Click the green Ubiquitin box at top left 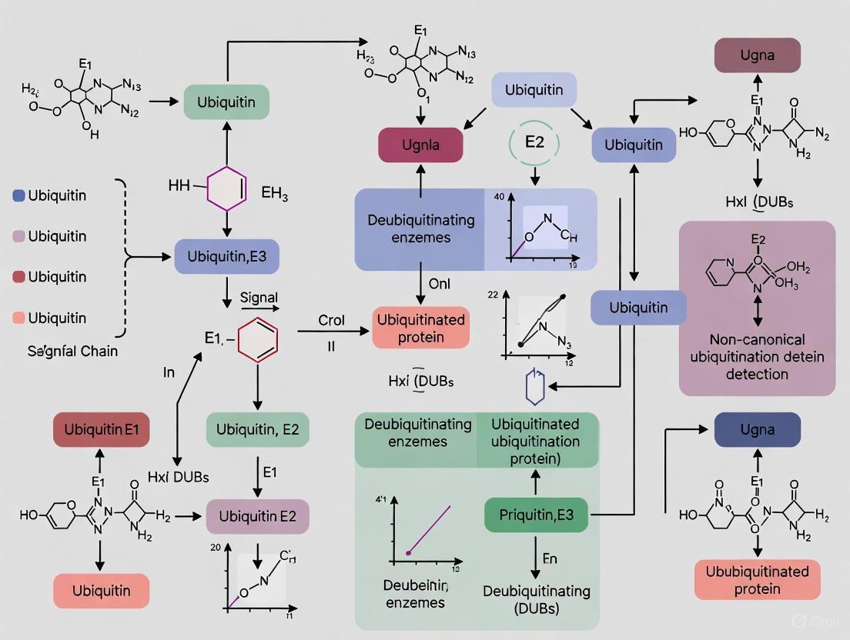[227, 102]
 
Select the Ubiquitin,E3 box [226, 257]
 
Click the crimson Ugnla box [420, 145]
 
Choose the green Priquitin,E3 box [536, 515]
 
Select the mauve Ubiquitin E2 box [257, 516]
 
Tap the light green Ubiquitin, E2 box [257, 429]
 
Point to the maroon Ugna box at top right [757, 55]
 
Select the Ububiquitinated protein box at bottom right [757, 580]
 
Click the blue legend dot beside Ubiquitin [18, 195]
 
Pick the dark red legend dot [18, 277]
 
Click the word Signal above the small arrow [259, 297]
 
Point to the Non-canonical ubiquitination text [757, 356]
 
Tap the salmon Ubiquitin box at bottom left [101, 591]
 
